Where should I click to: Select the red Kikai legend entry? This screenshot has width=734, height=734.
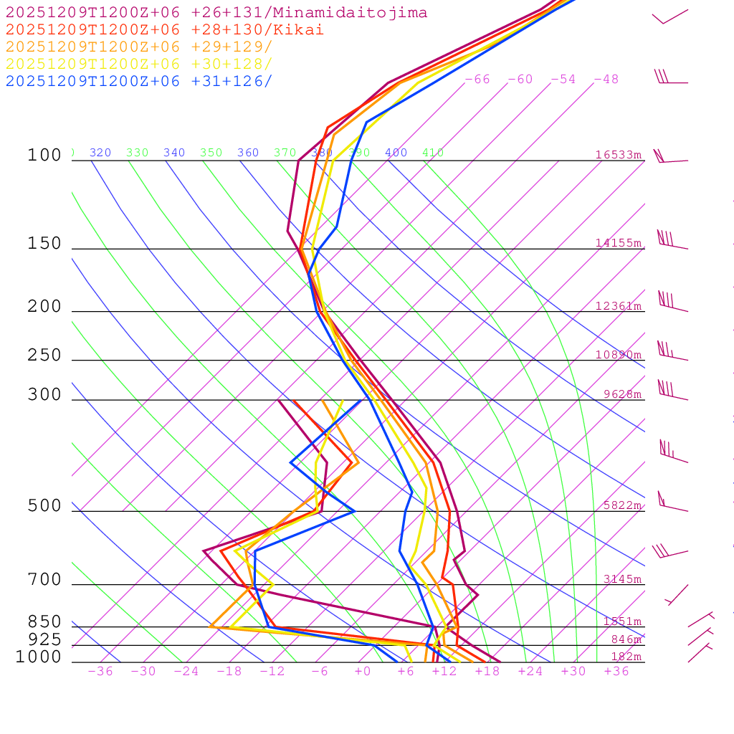[165, 30]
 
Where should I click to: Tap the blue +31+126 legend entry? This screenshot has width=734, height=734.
[139, 82]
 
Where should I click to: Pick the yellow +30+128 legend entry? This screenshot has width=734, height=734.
[139, 65]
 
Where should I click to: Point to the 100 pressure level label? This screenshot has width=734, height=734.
[44, 156]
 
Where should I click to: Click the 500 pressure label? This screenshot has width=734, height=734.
[44, 506]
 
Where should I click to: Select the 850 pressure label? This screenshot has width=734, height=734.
[44, 622]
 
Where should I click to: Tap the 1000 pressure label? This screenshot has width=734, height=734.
[39, 657]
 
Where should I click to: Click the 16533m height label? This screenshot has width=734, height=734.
[619, 155]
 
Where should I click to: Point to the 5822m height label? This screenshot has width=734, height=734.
[622, 505]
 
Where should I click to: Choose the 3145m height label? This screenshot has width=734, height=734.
[622, 579]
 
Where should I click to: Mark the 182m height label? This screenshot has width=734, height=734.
[626, 657]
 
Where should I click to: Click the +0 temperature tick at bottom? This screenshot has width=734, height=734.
[362, 672]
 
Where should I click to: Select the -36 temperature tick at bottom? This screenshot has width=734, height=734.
[100, 672]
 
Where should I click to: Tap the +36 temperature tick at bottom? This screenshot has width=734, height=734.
[616, 672]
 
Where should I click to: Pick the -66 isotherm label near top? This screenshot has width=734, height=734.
[477, 80]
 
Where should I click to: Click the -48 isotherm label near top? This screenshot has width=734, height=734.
[606, 80]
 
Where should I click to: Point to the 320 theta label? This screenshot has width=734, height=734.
[100, 153]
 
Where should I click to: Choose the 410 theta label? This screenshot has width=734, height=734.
[433, 153]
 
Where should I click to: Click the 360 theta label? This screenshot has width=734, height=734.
[248, 153]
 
